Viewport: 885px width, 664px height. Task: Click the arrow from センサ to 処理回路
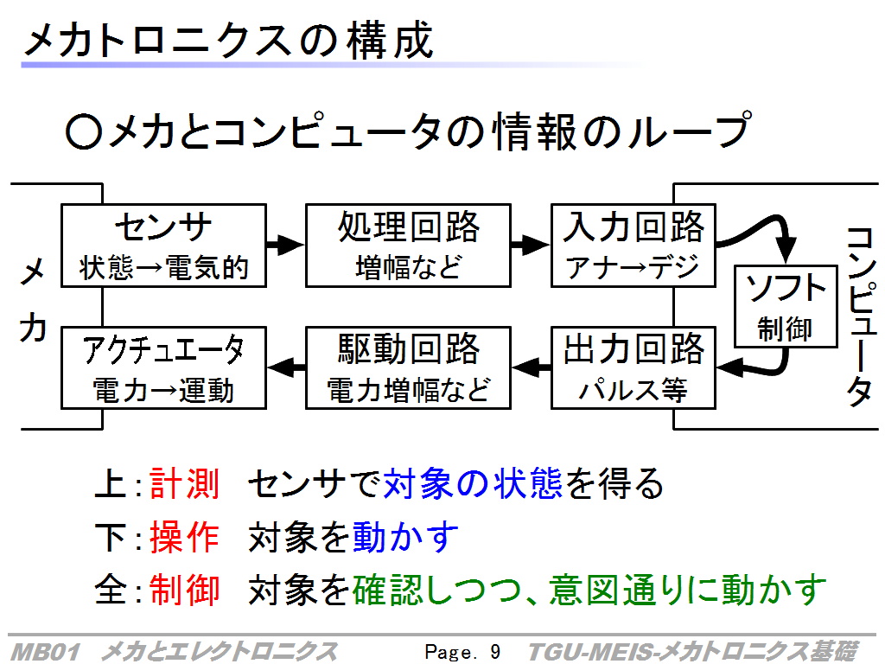[285, 245]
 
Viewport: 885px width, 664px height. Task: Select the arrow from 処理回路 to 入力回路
[531, 245]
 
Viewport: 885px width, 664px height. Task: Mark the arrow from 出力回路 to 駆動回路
[532, 367]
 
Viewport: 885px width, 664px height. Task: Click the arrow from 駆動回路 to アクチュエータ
[286, 367]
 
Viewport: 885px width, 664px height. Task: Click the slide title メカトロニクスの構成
[228, 40]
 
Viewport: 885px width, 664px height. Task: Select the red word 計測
[185, 483]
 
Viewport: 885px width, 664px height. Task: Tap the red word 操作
[185, 536]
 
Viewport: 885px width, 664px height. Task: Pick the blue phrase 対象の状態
[473, 483]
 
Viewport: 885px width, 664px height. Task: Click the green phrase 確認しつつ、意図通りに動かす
[589, 590]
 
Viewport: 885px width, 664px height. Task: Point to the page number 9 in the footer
[495, 652]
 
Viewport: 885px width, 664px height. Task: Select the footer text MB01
[45, 652]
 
